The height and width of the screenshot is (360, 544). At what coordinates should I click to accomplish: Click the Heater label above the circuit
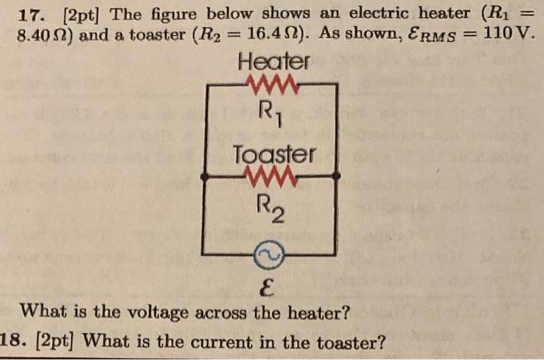click(273, 60)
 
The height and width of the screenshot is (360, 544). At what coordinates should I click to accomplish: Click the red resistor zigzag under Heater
click(269, 82)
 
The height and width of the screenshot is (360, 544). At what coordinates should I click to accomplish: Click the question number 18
click(15, 341)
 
